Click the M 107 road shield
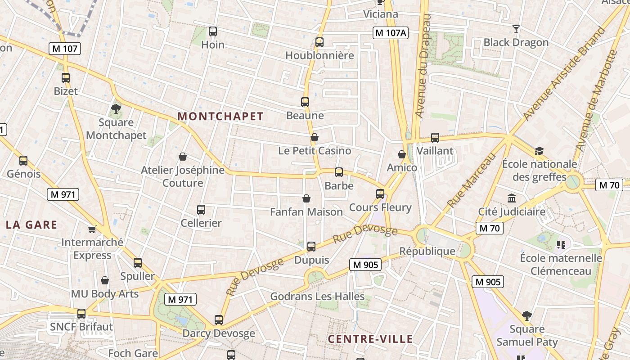pos(65,49)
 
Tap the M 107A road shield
pos(390,32)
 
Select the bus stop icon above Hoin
pos(213,31)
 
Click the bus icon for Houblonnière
pos(319,42)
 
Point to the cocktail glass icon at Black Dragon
pos(516,29)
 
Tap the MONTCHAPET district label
pos(220,116)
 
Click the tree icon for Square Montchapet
pos(116,108)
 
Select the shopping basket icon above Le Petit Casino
pos(314,137)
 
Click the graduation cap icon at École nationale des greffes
pos(539,151)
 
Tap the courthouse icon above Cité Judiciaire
pos(512,198)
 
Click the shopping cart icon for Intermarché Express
pos(92,229)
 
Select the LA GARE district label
pos(31,225)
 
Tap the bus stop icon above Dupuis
pos(311,247)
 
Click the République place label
pos(427,251)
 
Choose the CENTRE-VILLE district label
pos(370,339)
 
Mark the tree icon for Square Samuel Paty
pos(527,316)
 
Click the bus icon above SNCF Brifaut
pos(81,314)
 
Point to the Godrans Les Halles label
pos(317,297)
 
